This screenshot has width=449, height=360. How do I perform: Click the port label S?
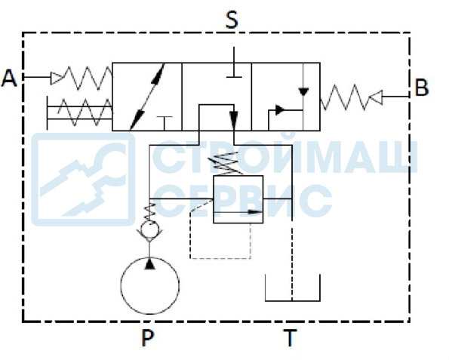[x=232, y=20]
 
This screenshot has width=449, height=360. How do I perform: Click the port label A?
[x=9, y=78]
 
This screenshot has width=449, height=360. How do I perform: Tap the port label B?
[x=422, y=88]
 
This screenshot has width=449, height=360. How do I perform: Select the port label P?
[x=147, y=337]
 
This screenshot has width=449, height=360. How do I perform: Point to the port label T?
[x=291, y=337]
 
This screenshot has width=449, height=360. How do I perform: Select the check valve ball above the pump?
[x=149, y=229]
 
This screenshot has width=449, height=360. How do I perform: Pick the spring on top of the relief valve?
[x=227, y=163]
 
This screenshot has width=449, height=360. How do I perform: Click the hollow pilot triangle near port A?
[x=57, y=78]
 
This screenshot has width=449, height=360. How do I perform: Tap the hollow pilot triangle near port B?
[x=376, y=97]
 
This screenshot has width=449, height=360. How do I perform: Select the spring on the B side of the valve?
[x=344, y=97]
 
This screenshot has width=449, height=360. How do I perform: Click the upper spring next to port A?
[x=87, y=78]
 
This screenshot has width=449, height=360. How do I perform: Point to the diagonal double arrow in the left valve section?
[x=147, y=97]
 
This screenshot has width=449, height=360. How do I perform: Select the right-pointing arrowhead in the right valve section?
[x=280, y=109]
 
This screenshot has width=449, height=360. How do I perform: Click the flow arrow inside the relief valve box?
[x=238, y=212]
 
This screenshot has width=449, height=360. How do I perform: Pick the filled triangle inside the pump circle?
[x=149, y=263]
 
